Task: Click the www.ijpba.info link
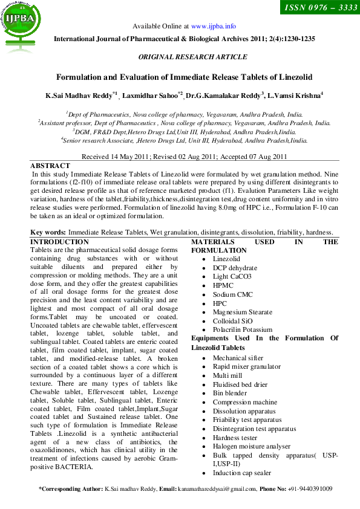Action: click(x=213, y=27)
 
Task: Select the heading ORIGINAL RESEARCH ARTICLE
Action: click(x=193, y=57)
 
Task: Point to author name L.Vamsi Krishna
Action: click(x=295, y=96)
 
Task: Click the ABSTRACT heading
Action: click(x=50, y=166)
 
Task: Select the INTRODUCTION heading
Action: click(x=59, y=242)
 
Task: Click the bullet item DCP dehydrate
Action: click(x=235, y=268)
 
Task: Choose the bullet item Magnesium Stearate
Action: click(x=241, y=312)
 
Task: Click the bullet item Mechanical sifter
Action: click(x=238, y=358)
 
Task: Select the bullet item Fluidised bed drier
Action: click(x=240, y=384)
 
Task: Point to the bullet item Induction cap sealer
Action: click(x=242, y=473)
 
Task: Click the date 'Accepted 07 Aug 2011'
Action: click(x=254, y=157)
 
